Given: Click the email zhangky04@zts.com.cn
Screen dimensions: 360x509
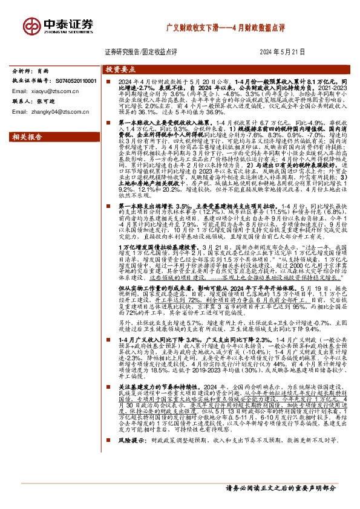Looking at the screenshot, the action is pos(45,111).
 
